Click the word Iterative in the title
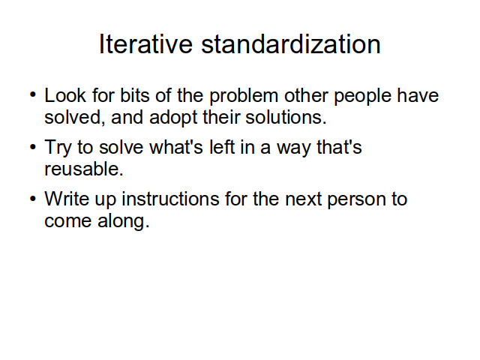point(145,44)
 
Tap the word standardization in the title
point(291,44)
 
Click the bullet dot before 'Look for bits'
point(33,94)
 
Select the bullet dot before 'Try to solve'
point(33,147)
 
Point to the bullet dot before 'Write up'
point(33,199)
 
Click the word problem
point(244,96)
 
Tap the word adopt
point(173,118)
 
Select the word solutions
point(286,117)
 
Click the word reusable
point(84,169)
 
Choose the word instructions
point(170,199)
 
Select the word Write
point(67,199)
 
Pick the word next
point(303,199)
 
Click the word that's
point(339,147)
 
